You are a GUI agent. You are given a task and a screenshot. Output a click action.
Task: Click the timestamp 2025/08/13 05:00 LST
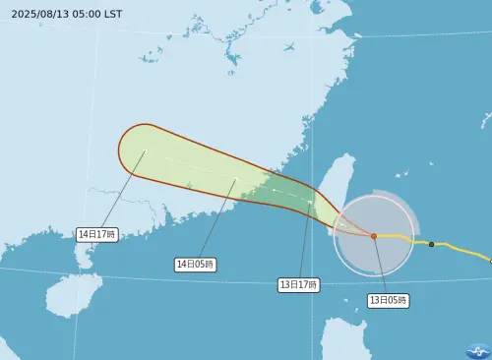67,14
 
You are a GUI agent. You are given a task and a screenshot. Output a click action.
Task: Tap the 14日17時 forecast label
97,234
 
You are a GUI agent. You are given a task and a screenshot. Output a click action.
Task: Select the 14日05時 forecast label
195,264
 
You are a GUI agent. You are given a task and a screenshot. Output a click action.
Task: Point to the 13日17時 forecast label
298,284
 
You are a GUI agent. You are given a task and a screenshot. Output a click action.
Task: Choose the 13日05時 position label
388,299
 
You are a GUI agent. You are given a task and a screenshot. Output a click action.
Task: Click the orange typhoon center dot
374,236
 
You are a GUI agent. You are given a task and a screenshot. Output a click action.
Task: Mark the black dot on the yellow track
431,244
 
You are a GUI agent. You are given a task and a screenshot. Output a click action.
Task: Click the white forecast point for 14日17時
145,150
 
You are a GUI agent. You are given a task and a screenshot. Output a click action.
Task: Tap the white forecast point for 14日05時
236,179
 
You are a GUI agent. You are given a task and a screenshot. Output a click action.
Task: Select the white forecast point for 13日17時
310,203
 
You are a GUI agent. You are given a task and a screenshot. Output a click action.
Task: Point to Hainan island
74,294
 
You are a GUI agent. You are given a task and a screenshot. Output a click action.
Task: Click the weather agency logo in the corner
477,351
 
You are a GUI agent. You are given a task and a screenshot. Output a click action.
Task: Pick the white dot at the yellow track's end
490,262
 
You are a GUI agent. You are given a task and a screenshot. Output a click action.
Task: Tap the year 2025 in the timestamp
24,14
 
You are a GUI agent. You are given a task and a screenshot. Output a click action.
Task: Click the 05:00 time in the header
88,14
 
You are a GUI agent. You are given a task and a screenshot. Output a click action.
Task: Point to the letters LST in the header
113,14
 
